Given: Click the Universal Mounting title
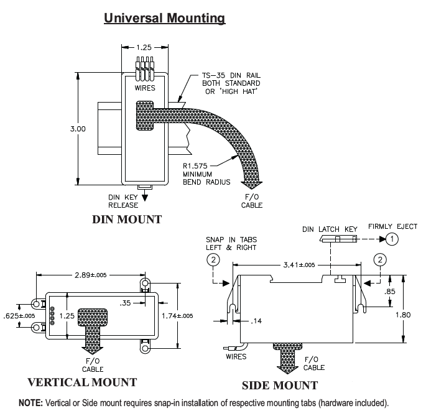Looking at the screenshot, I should click(x=164, y=19).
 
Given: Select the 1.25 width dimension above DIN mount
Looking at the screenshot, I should click(x=143, y=47).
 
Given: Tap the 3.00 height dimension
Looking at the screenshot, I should click(x=78, y=129).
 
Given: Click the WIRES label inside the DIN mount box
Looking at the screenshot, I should click(x=144, y=88).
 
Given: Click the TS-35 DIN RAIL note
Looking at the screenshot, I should click(x=226, y=75).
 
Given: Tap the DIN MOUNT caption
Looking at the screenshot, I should click(x=126, y=219).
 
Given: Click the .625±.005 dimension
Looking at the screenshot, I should click(x=17, y=315).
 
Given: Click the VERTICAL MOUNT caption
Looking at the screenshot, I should click(x=82, y=381).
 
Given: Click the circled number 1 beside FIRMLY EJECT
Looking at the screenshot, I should click(x=392, y=238).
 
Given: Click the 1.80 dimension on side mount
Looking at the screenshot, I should click(x=405, y=315).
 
